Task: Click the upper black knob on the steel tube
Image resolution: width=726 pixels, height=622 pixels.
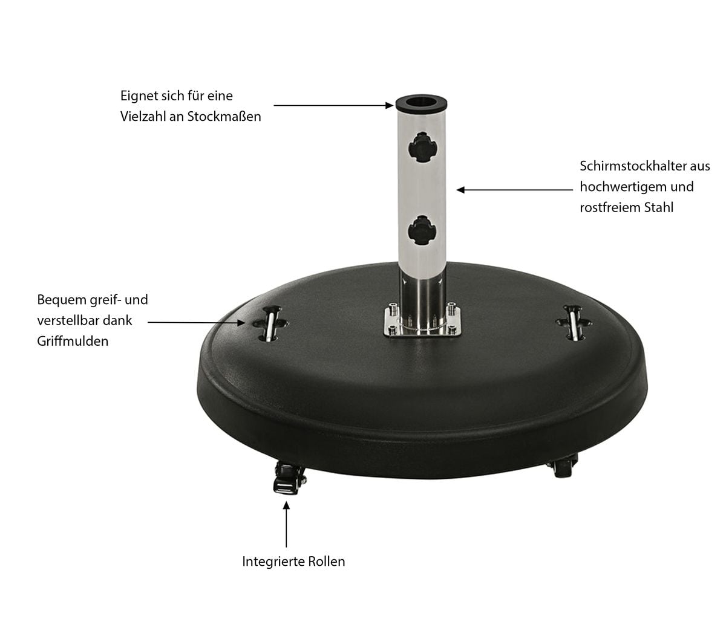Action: [422, 147]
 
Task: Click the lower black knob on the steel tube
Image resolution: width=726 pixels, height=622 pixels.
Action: [422, 231]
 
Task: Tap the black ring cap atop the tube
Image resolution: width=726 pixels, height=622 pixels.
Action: [422, 103]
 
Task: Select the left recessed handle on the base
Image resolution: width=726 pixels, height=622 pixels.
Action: [270, 323]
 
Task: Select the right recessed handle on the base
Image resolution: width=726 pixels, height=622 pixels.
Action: [574, 323]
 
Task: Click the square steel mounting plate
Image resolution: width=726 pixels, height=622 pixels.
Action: [422, 321]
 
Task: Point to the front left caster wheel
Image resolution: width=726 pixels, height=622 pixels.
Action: [289, 478]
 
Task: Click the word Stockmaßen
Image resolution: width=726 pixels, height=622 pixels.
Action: [224, 117]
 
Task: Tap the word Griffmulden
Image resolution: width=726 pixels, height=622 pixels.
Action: [73, 341]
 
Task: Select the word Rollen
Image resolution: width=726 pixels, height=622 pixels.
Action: [327, 562]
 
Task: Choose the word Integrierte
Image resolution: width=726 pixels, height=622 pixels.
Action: [273, 562]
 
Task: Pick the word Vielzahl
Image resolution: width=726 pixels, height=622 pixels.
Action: [143, 117]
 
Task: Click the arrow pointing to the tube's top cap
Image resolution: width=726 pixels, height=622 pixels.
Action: [333, 105]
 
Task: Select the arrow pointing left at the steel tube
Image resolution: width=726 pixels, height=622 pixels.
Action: [515, 190]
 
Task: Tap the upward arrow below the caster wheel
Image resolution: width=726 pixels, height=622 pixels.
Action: [286, 524]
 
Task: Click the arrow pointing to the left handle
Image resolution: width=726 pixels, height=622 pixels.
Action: [196, 322]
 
